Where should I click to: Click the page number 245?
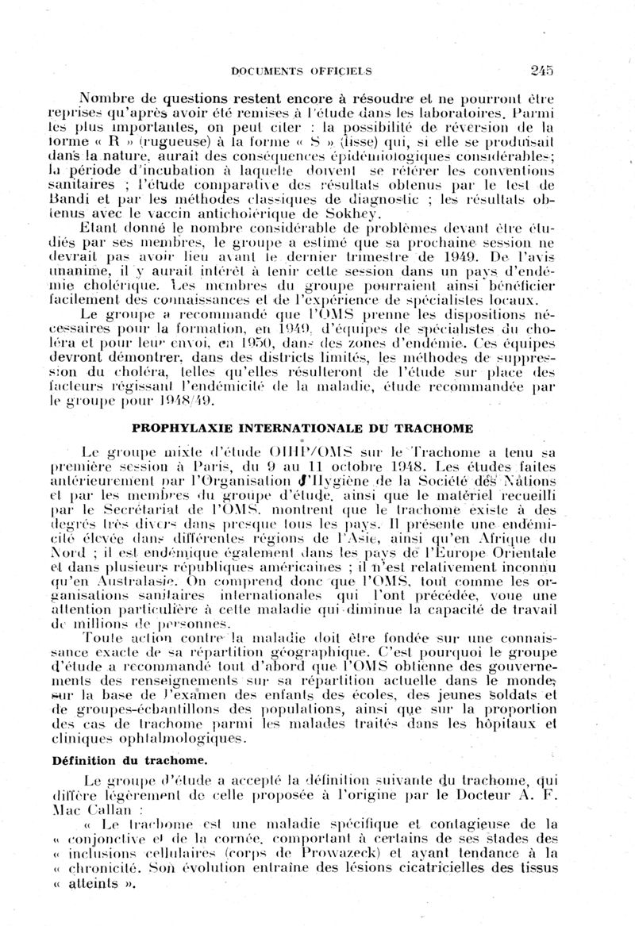click(x=542, y=70)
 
